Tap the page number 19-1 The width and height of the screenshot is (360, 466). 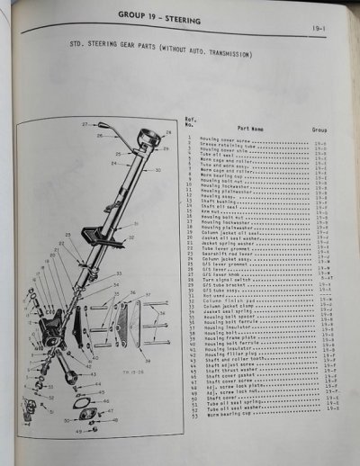320,30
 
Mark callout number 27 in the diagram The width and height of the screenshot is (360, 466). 84,122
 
